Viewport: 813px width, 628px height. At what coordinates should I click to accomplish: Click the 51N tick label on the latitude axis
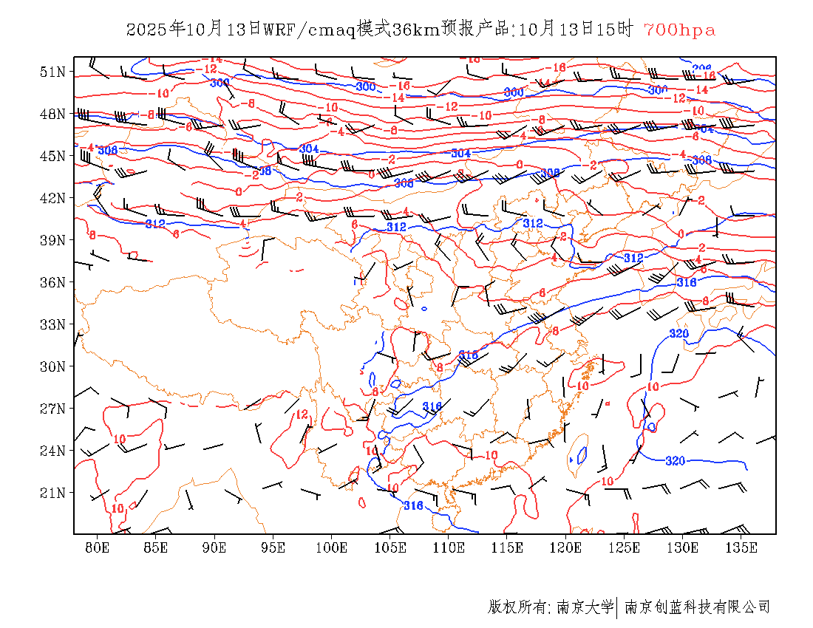coord(54,72)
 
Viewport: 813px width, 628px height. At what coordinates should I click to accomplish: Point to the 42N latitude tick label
coord(54,198)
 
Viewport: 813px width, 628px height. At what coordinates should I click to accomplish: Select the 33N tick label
coord(54,324)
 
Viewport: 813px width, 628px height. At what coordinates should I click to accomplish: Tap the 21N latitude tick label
coord(54,493)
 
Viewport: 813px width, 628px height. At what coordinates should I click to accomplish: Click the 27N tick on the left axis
coord(54,409)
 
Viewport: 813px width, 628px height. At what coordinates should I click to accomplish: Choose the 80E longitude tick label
coord(98,547)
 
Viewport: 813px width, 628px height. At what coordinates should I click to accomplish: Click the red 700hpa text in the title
coord(679,30)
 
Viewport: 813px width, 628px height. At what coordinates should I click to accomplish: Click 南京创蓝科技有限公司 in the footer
coord(697,607)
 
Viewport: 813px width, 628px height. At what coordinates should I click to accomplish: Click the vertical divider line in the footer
coord(616,607)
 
